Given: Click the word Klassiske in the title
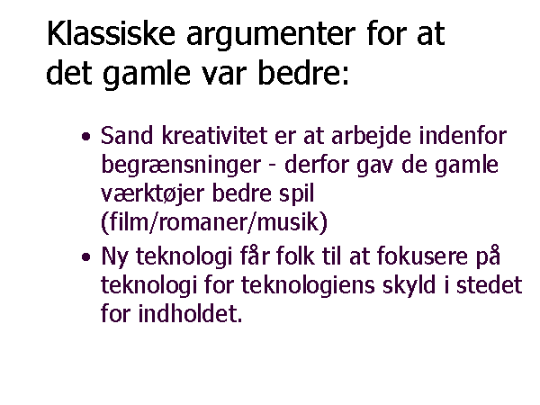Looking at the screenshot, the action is (111, 33).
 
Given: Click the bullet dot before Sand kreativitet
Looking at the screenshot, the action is (86, 137).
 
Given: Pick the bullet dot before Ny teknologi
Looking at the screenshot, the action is (86, 256).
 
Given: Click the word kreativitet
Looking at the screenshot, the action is (214, 135).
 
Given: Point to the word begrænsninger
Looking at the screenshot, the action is (181, 166).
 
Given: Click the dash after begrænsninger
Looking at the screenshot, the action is (272, 166).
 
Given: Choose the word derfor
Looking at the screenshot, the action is (317, 165).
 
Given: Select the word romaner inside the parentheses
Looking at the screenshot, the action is (203, 223).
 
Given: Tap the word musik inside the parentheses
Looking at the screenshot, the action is (288, 222).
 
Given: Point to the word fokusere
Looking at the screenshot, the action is (422, 256).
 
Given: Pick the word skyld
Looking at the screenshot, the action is (409, 286).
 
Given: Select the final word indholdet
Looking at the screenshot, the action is (191, 313).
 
